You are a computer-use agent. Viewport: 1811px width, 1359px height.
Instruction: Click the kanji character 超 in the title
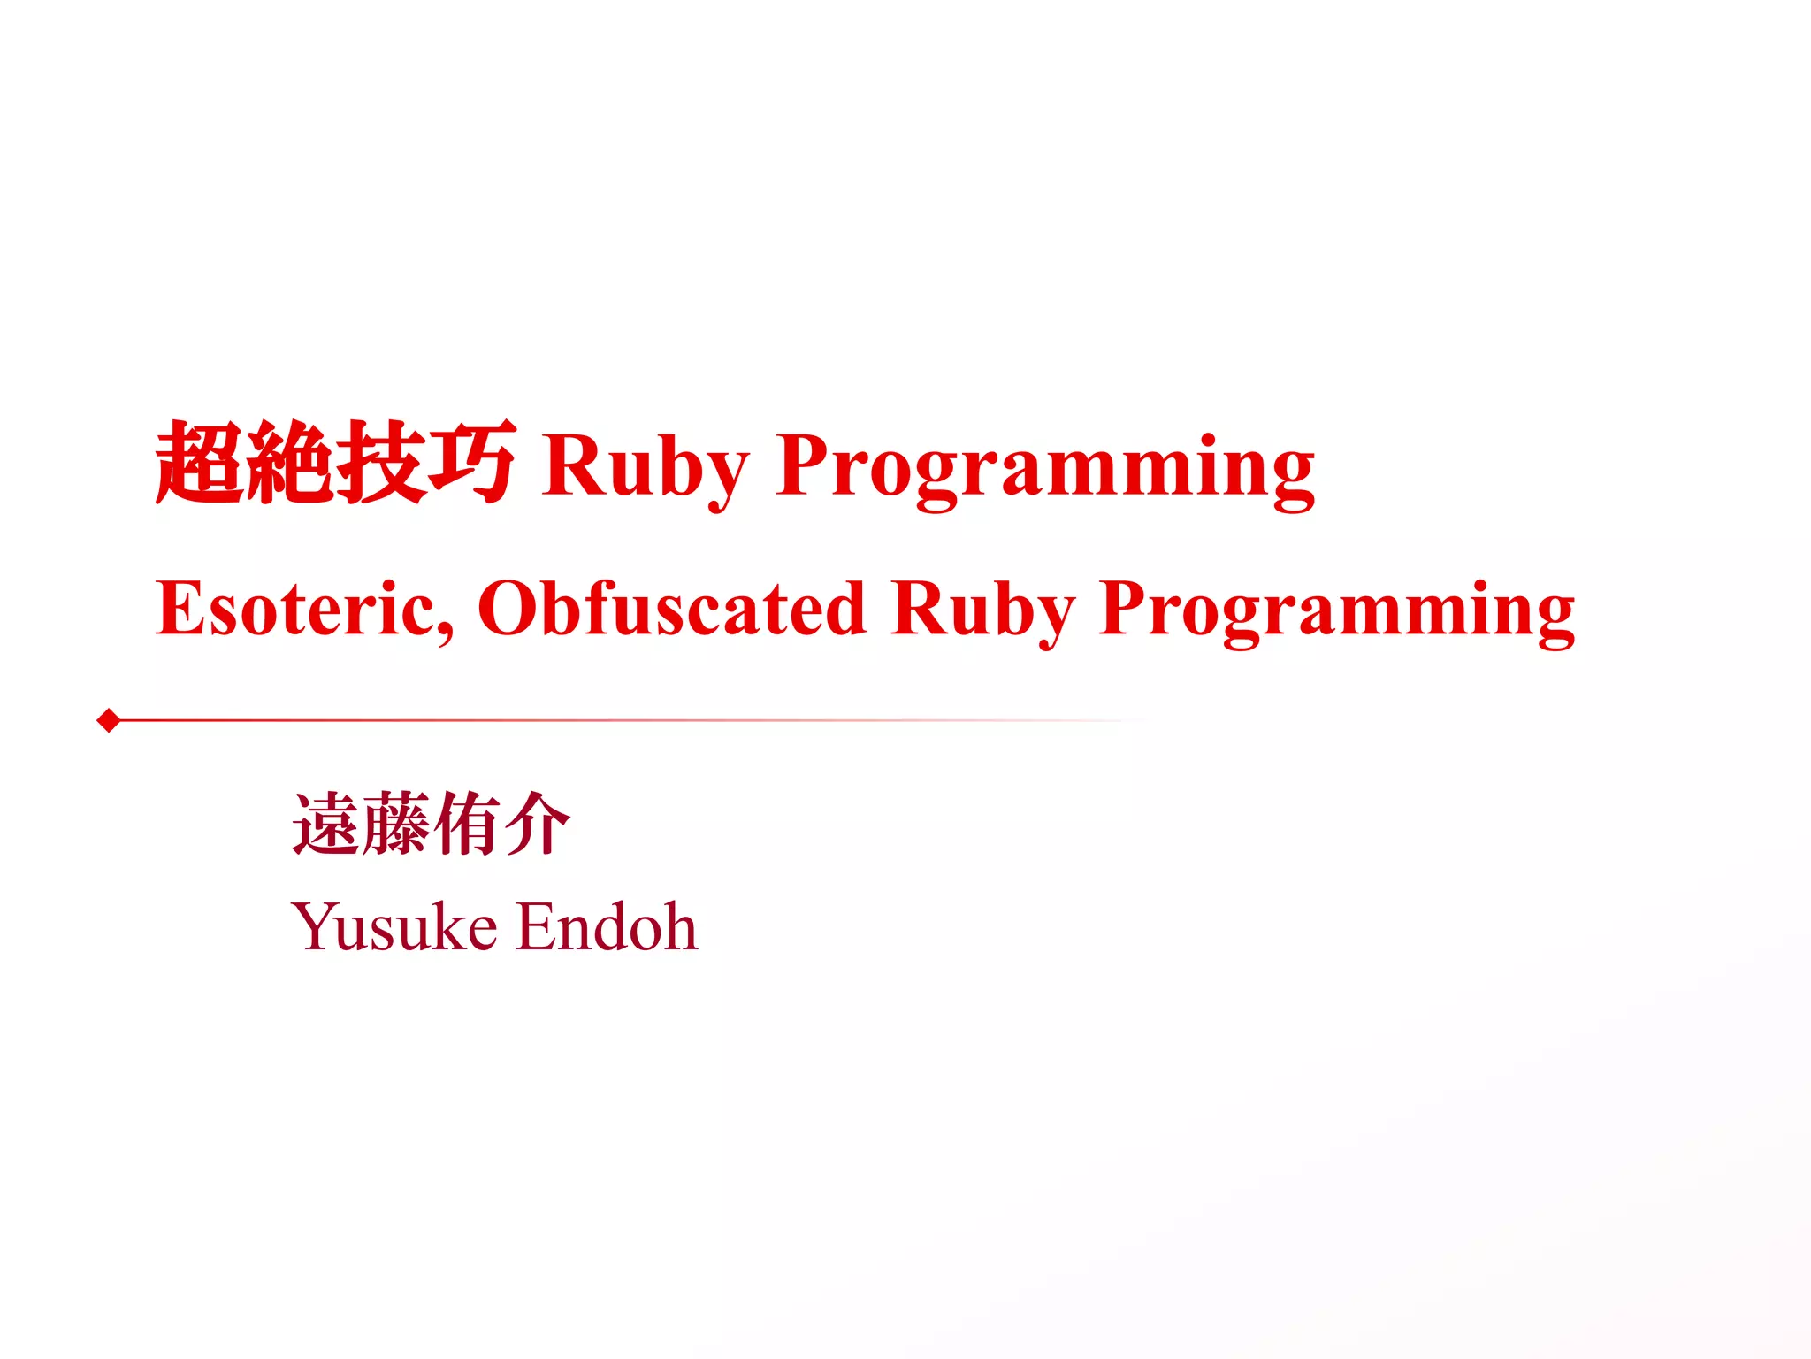(x=200, y=463)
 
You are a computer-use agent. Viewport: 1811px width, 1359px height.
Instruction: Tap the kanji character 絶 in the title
(x=291, y=463)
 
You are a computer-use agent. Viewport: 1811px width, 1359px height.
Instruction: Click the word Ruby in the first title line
(x=646, y=467)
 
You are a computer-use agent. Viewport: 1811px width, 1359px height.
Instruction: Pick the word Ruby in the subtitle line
(x=983, y=610)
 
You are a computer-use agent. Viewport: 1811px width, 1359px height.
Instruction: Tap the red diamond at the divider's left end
(x=109, y=720)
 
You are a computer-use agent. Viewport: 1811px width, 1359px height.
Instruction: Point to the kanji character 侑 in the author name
(x=466, y=824)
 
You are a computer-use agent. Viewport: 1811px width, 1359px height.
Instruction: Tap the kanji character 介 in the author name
(x=537, y=824)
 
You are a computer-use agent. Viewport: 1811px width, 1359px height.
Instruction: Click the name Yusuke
(x=394, y=927)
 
